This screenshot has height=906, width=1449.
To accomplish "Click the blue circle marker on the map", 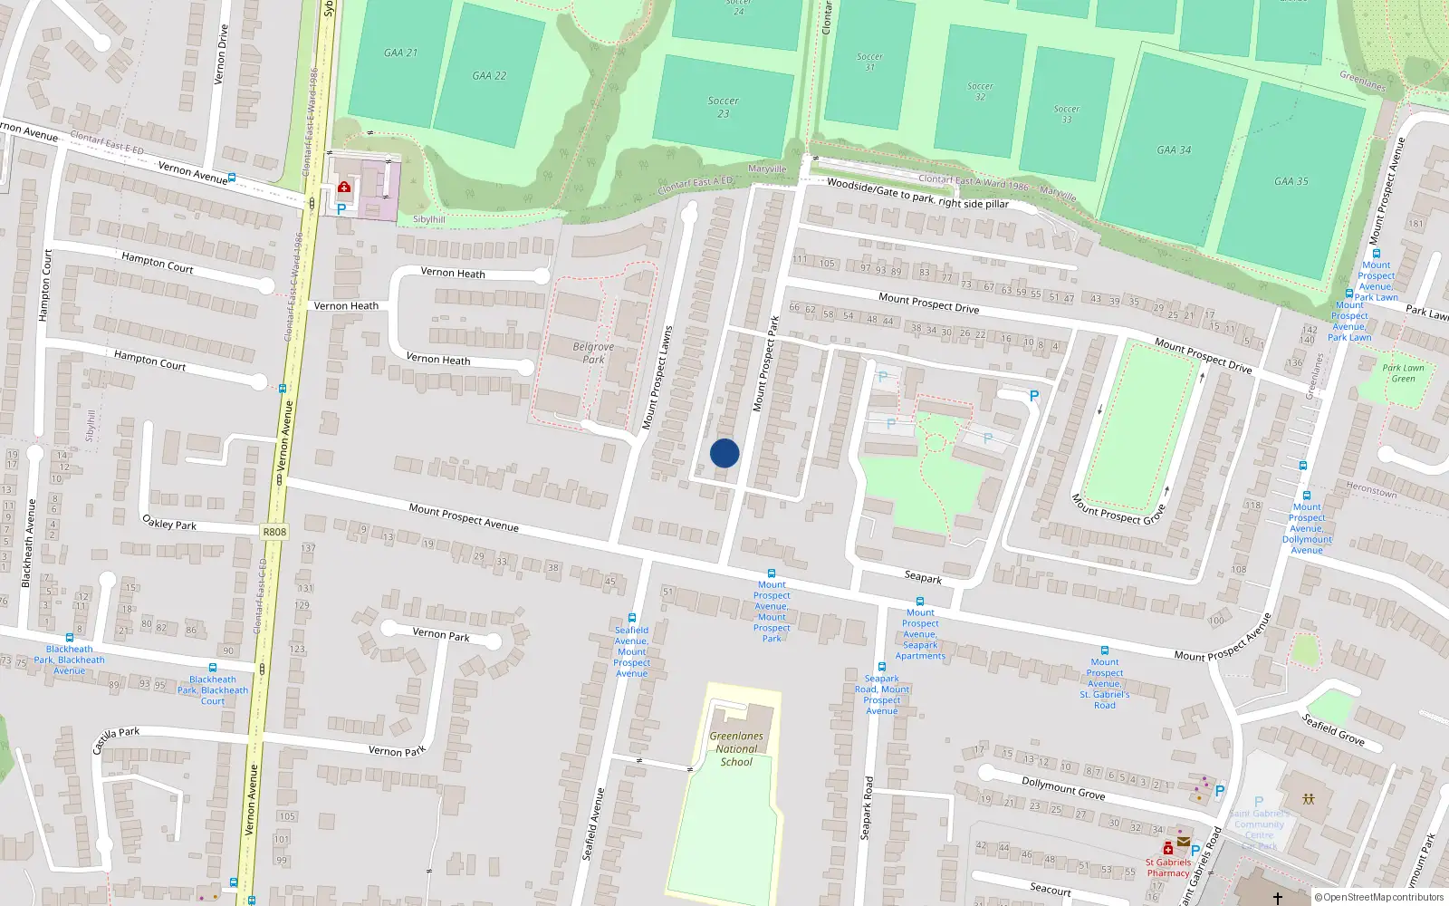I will [x=724, y=453].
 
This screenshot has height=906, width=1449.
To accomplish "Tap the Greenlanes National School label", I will [x=736, y=749].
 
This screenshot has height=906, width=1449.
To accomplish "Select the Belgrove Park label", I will [x=593, y=353].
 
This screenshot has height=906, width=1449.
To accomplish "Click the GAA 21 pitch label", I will [x=400, y=53].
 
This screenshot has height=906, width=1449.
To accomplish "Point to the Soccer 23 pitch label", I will [x=723, y=107].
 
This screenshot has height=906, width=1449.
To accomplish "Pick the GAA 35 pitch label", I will [x=1291, y=181].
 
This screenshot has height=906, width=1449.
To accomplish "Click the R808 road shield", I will [x=274, y=532].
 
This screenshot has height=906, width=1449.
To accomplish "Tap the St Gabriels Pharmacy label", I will [x=1168, y=868].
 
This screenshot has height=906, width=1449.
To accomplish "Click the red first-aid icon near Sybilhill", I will [x=344, y=188].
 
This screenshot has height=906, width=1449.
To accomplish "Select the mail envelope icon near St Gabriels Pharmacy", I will [x=1183, y=842].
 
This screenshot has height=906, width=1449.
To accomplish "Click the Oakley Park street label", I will [x=169, y=524].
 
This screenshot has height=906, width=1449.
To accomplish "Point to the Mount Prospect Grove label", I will [x=1118, y=509].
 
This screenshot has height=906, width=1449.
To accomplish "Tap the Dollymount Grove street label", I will [x=1063, y=787].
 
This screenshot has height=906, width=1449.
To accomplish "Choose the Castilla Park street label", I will [x=116, y=738].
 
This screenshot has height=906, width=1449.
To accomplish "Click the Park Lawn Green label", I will [x=1403, y=373].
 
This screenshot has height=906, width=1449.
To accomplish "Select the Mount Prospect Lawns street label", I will [x=657, y=378].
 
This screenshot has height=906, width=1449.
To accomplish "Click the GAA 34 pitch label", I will [x=1174, y=150].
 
